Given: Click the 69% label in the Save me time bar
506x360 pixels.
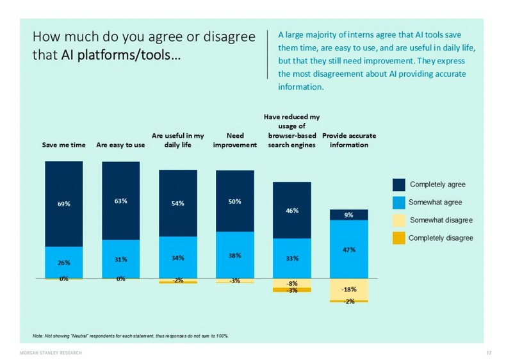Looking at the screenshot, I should (63, 204).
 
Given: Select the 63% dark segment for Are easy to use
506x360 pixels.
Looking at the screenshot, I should (120, 200).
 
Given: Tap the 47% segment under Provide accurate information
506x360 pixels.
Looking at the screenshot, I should (348, 249).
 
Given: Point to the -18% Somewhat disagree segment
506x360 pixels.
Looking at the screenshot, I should (348, 289).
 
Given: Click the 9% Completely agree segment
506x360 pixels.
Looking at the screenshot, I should (348, 215).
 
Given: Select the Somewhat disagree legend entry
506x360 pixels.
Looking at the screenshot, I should (441, 220).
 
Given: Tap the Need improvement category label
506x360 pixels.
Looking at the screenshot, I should (234, 140).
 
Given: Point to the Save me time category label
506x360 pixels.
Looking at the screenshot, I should (63, 145).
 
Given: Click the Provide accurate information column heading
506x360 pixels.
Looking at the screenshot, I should (348, 140).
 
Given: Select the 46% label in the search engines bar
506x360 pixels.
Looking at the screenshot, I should (291, 209).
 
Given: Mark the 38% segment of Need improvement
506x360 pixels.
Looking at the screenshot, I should (234, 254).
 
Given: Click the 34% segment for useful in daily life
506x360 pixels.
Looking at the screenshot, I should (177, 258).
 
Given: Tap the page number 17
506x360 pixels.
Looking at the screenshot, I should (489, 353).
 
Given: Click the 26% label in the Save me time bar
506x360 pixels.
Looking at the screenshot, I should (63, 263).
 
